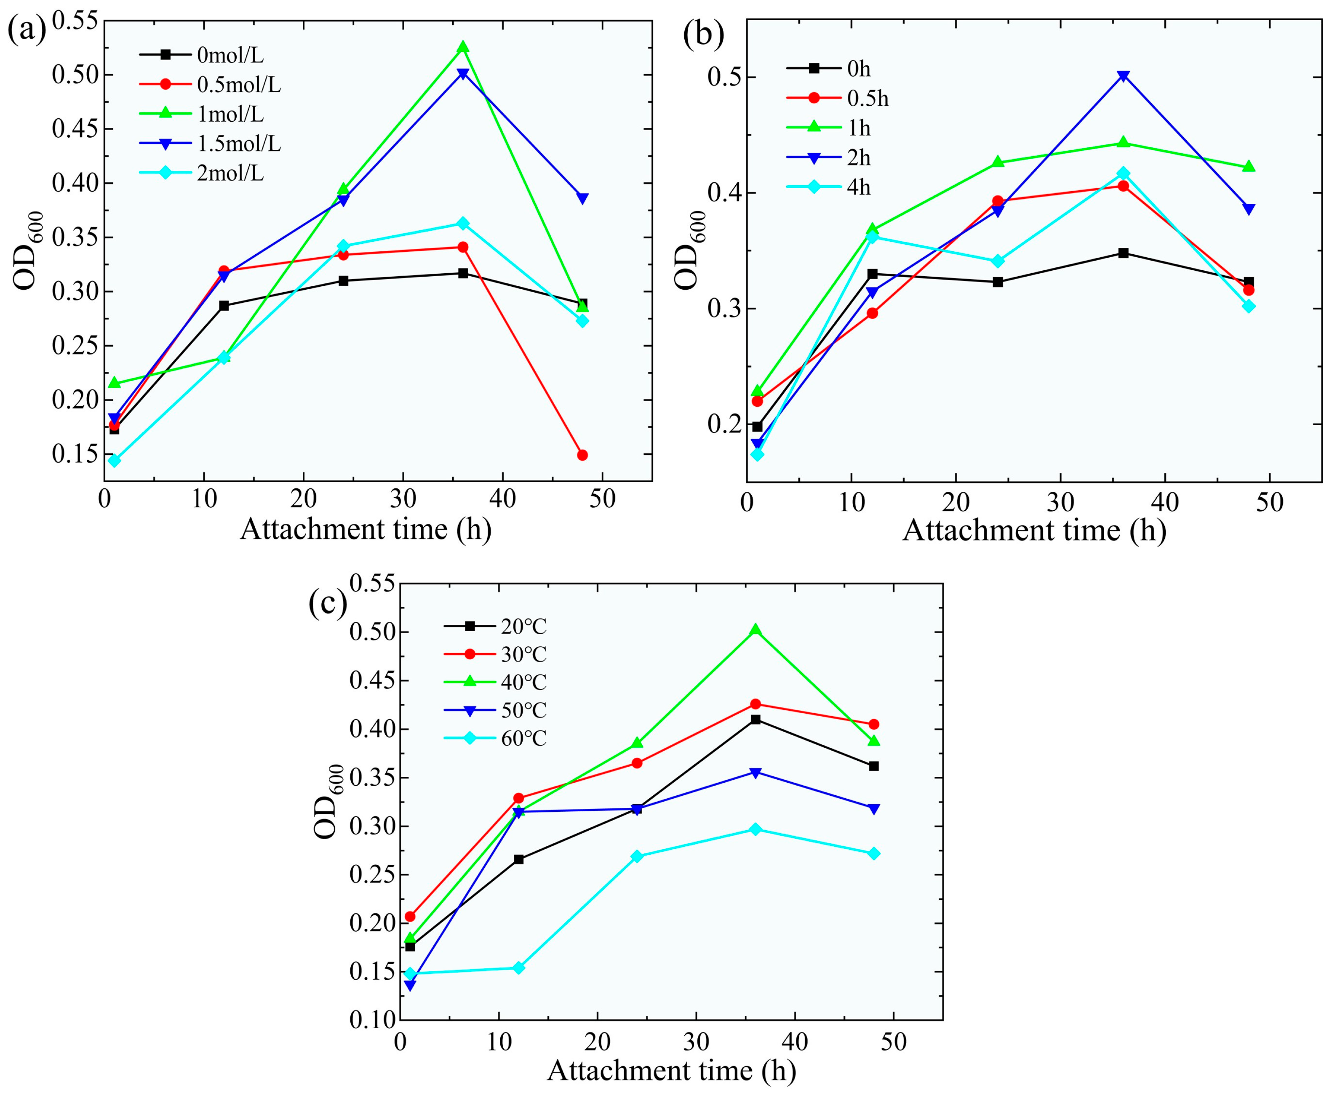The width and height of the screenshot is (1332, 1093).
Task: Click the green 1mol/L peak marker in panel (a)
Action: (463, 47)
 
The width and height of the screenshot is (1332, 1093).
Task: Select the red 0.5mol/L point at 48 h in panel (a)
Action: (582, 455)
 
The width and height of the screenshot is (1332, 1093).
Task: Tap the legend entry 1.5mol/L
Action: (210, 144)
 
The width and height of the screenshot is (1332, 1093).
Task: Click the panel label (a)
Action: (27, 30)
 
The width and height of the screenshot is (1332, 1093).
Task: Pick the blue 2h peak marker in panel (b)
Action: (1123, 77)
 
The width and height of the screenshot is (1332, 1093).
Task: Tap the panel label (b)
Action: (703, 33)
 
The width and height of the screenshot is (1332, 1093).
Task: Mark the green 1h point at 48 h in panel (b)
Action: (1248, 167)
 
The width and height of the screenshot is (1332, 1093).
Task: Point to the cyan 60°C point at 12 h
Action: (518, 968)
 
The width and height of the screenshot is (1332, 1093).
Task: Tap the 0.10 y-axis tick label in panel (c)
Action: (372, 1020)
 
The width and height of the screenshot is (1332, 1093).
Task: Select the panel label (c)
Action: (328, 602)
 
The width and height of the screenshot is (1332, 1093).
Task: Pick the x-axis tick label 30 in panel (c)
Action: (697, 1042)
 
